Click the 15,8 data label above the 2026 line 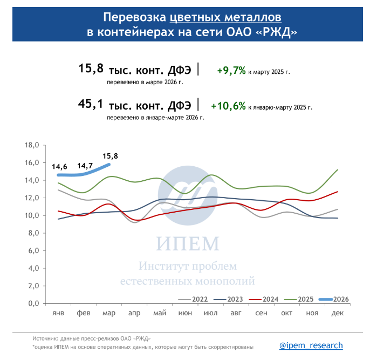point(109,156)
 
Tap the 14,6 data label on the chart point(59,167)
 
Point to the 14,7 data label point(85,166)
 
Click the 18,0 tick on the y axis point(32,145)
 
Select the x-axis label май point(159,313)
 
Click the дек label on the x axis point(338,313)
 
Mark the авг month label point(236,313)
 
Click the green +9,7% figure point(231,71)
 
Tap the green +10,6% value point(229,106)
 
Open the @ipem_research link point(311,345)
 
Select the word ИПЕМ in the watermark point(188,243)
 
